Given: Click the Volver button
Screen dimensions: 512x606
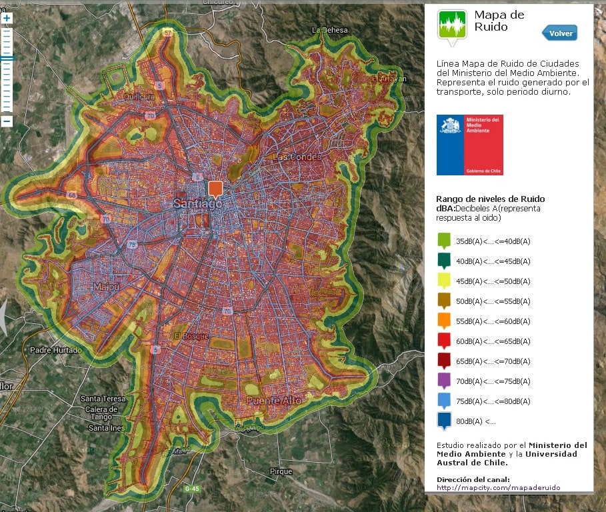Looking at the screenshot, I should click(x=560, y=33).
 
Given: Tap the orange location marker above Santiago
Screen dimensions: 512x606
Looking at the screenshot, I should click(x=215, y=189).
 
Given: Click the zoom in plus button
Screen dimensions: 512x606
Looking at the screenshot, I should click(x=7, y=19).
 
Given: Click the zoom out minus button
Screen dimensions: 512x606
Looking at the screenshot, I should click(x=7, y=121).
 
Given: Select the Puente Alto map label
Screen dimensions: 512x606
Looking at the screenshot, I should click(x=273, y=401).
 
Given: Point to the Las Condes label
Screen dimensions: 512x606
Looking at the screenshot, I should click(x=297, y=157).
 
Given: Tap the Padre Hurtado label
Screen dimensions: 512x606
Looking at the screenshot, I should click(x=56, y=350).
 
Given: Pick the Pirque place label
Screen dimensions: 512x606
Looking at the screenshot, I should click(x=281, y=471).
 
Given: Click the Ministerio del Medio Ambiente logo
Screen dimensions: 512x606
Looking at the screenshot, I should click(x=469, y=145).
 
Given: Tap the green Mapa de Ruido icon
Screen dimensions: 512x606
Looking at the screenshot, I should click(x=451, y=26).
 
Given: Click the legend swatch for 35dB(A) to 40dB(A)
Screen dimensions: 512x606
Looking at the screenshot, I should click(x=445, y=241).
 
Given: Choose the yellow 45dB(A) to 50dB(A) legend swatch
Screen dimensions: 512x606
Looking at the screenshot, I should click(x=445, y=281).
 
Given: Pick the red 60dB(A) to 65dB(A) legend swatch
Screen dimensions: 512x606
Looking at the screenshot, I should click(x=445, y=341).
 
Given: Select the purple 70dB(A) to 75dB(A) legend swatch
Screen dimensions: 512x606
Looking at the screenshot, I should click(x=445, y=381).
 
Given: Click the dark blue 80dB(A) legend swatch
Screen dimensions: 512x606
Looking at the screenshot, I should click(x=445, y=421).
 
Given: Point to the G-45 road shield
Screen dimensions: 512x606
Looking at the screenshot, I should click(x=192, y=489).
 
